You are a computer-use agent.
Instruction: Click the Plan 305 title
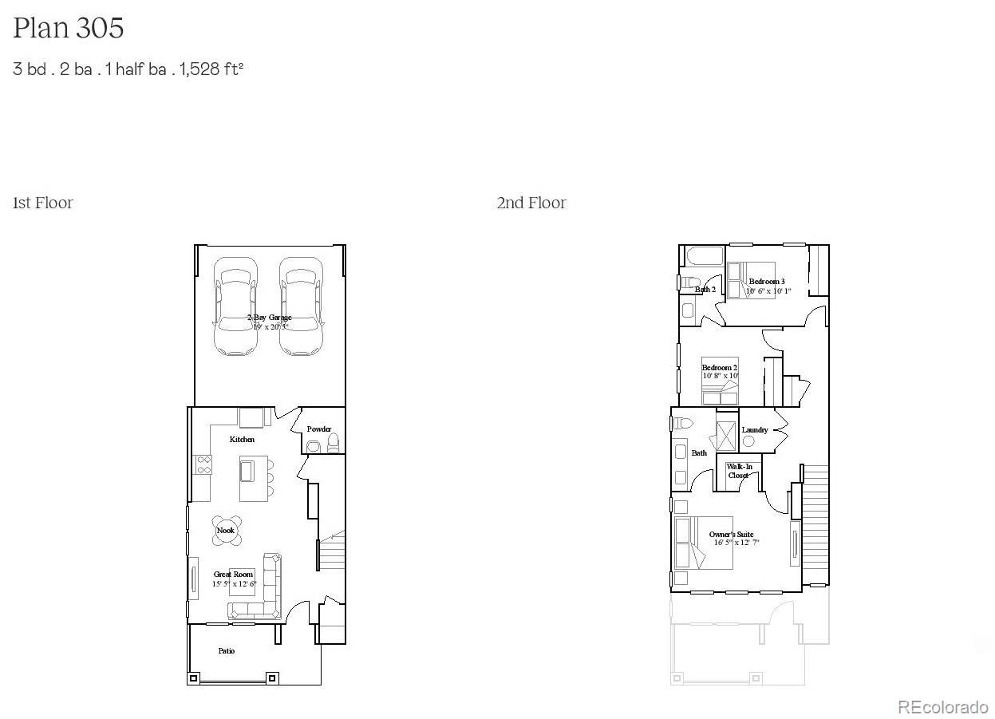click(69, 29)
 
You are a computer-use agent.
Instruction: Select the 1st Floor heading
click(43, 203)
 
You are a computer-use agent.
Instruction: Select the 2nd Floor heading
click(531, 203)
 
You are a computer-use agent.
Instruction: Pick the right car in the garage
click(302, 306)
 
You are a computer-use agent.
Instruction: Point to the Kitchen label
click(243, 440)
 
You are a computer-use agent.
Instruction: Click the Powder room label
click(319, 429)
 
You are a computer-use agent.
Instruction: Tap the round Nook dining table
click(227, 530)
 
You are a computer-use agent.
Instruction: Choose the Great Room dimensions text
click(234, 584)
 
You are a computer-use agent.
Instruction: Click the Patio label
click(227, 651)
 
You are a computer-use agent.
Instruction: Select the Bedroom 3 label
click(767, 282)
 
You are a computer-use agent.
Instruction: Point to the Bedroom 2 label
click(720, 367)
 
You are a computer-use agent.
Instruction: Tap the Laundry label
click(755, 430)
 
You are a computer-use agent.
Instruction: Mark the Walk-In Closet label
click(739, 471)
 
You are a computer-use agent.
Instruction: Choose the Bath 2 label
click(705, 290)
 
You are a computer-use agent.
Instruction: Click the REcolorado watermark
click(943, 707)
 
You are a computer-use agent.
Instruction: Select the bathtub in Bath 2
click(703, 257)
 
